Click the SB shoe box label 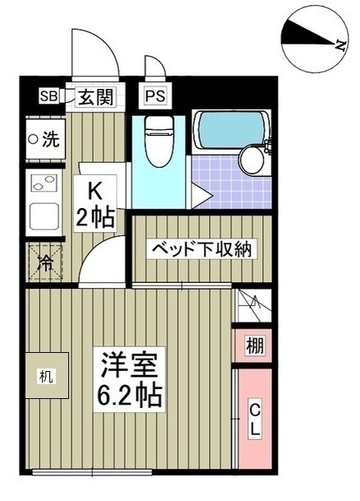pyautogui.click(x=48, y=95)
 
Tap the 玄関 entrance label pyautogui.click(x=95, y=97)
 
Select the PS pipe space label pyautogui.click(x=155, y=95)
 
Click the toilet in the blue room pyautogui.click(x=159, y=141)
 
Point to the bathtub pyautogui.click(x=231, y=130)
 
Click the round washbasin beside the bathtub pyautogui.click(x=252, y=160)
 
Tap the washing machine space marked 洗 pyautogui.click(x=46, y=139)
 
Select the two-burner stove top pyautogui.click(x=44, y=183)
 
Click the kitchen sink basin pyautogui.click(x=44, y=216)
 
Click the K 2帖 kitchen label pyautogui.click(x=95, y=203)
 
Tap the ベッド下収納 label pyautogui.click(x=201, y=248)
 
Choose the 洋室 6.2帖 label pyautogui.click(x=129, y=379)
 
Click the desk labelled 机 pyautogui.click(x=47, y=375)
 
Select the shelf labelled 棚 pyautogui.click(x=255, y=346)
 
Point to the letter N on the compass pyautogui.click(x=340, y=46)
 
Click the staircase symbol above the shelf pyautogui.click(x=253, y=305)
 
